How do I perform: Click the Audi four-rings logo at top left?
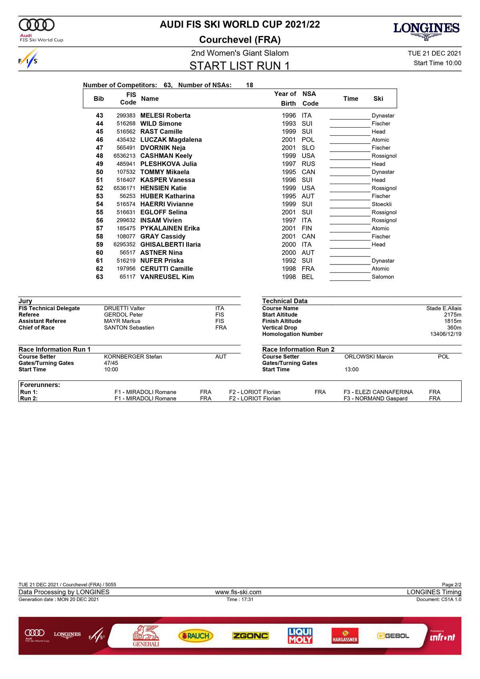36,25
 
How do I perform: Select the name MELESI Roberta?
165,116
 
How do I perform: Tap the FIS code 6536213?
124,156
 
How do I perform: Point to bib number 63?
99,277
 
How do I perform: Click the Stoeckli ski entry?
382,204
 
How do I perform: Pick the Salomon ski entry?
383,277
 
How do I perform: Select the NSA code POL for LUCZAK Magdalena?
308,140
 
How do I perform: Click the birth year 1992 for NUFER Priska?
289,261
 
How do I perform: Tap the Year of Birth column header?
285,98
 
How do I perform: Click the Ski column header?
378,98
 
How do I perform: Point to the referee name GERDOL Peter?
124,315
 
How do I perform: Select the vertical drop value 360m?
454,328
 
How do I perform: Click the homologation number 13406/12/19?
446,334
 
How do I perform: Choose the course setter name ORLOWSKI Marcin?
369,357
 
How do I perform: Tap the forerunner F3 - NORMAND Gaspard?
376,399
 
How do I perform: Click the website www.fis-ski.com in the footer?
238,592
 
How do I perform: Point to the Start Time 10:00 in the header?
437,63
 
